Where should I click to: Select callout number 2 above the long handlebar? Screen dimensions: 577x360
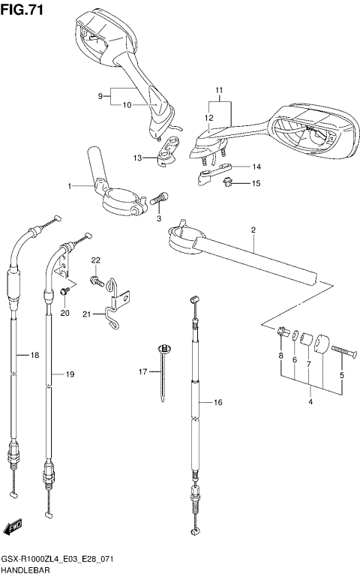click(253, 230)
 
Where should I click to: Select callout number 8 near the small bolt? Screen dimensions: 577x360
click(280, 355)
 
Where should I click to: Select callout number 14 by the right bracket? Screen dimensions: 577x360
click(256, 167)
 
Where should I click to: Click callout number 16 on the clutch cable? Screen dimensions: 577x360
click(218, 403)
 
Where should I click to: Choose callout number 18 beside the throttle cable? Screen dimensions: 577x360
click(33, 355)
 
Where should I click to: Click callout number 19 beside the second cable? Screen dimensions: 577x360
click(70, 374)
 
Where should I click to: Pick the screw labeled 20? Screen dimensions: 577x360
click(64, 290)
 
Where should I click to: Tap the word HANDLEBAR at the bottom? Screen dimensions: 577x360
click(25, 570)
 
